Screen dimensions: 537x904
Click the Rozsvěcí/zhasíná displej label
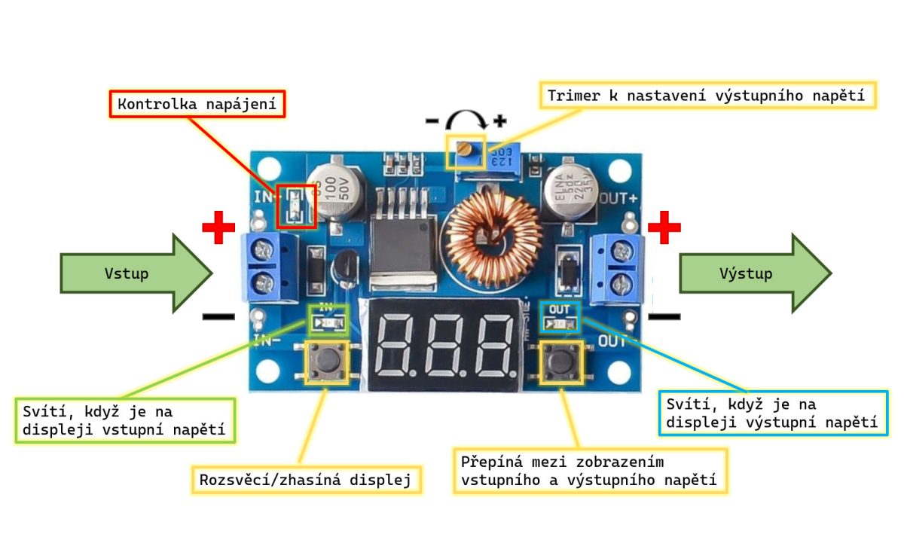click(306, 480)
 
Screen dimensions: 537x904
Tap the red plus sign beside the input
click(218, 227)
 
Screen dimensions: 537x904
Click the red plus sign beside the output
click(664, 227)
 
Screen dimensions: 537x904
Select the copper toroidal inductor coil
click(493, 233)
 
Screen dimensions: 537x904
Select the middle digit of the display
click(443, 347)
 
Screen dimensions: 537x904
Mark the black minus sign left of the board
click(218, 316)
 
